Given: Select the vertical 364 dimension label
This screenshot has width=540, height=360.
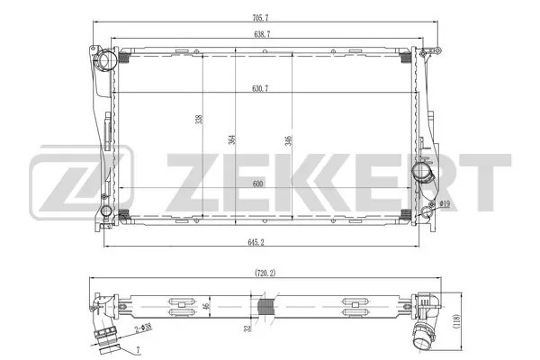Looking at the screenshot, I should coord(231,139).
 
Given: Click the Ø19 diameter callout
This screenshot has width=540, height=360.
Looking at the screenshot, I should coord(444,205).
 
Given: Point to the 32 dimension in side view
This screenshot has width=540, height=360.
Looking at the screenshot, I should coord(247,329).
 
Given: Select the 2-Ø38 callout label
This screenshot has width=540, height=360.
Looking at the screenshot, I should coord(139,334).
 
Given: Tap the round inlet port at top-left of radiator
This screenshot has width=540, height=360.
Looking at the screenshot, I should coord(107,60).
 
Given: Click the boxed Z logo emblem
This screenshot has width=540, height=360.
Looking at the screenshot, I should coord(82,180).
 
